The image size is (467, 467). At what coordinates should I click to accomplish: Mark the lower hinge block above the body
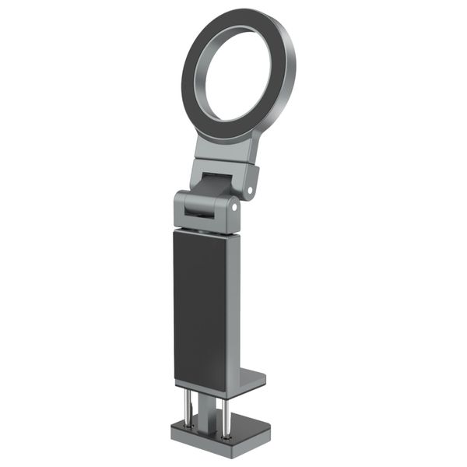pos(187,214)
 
